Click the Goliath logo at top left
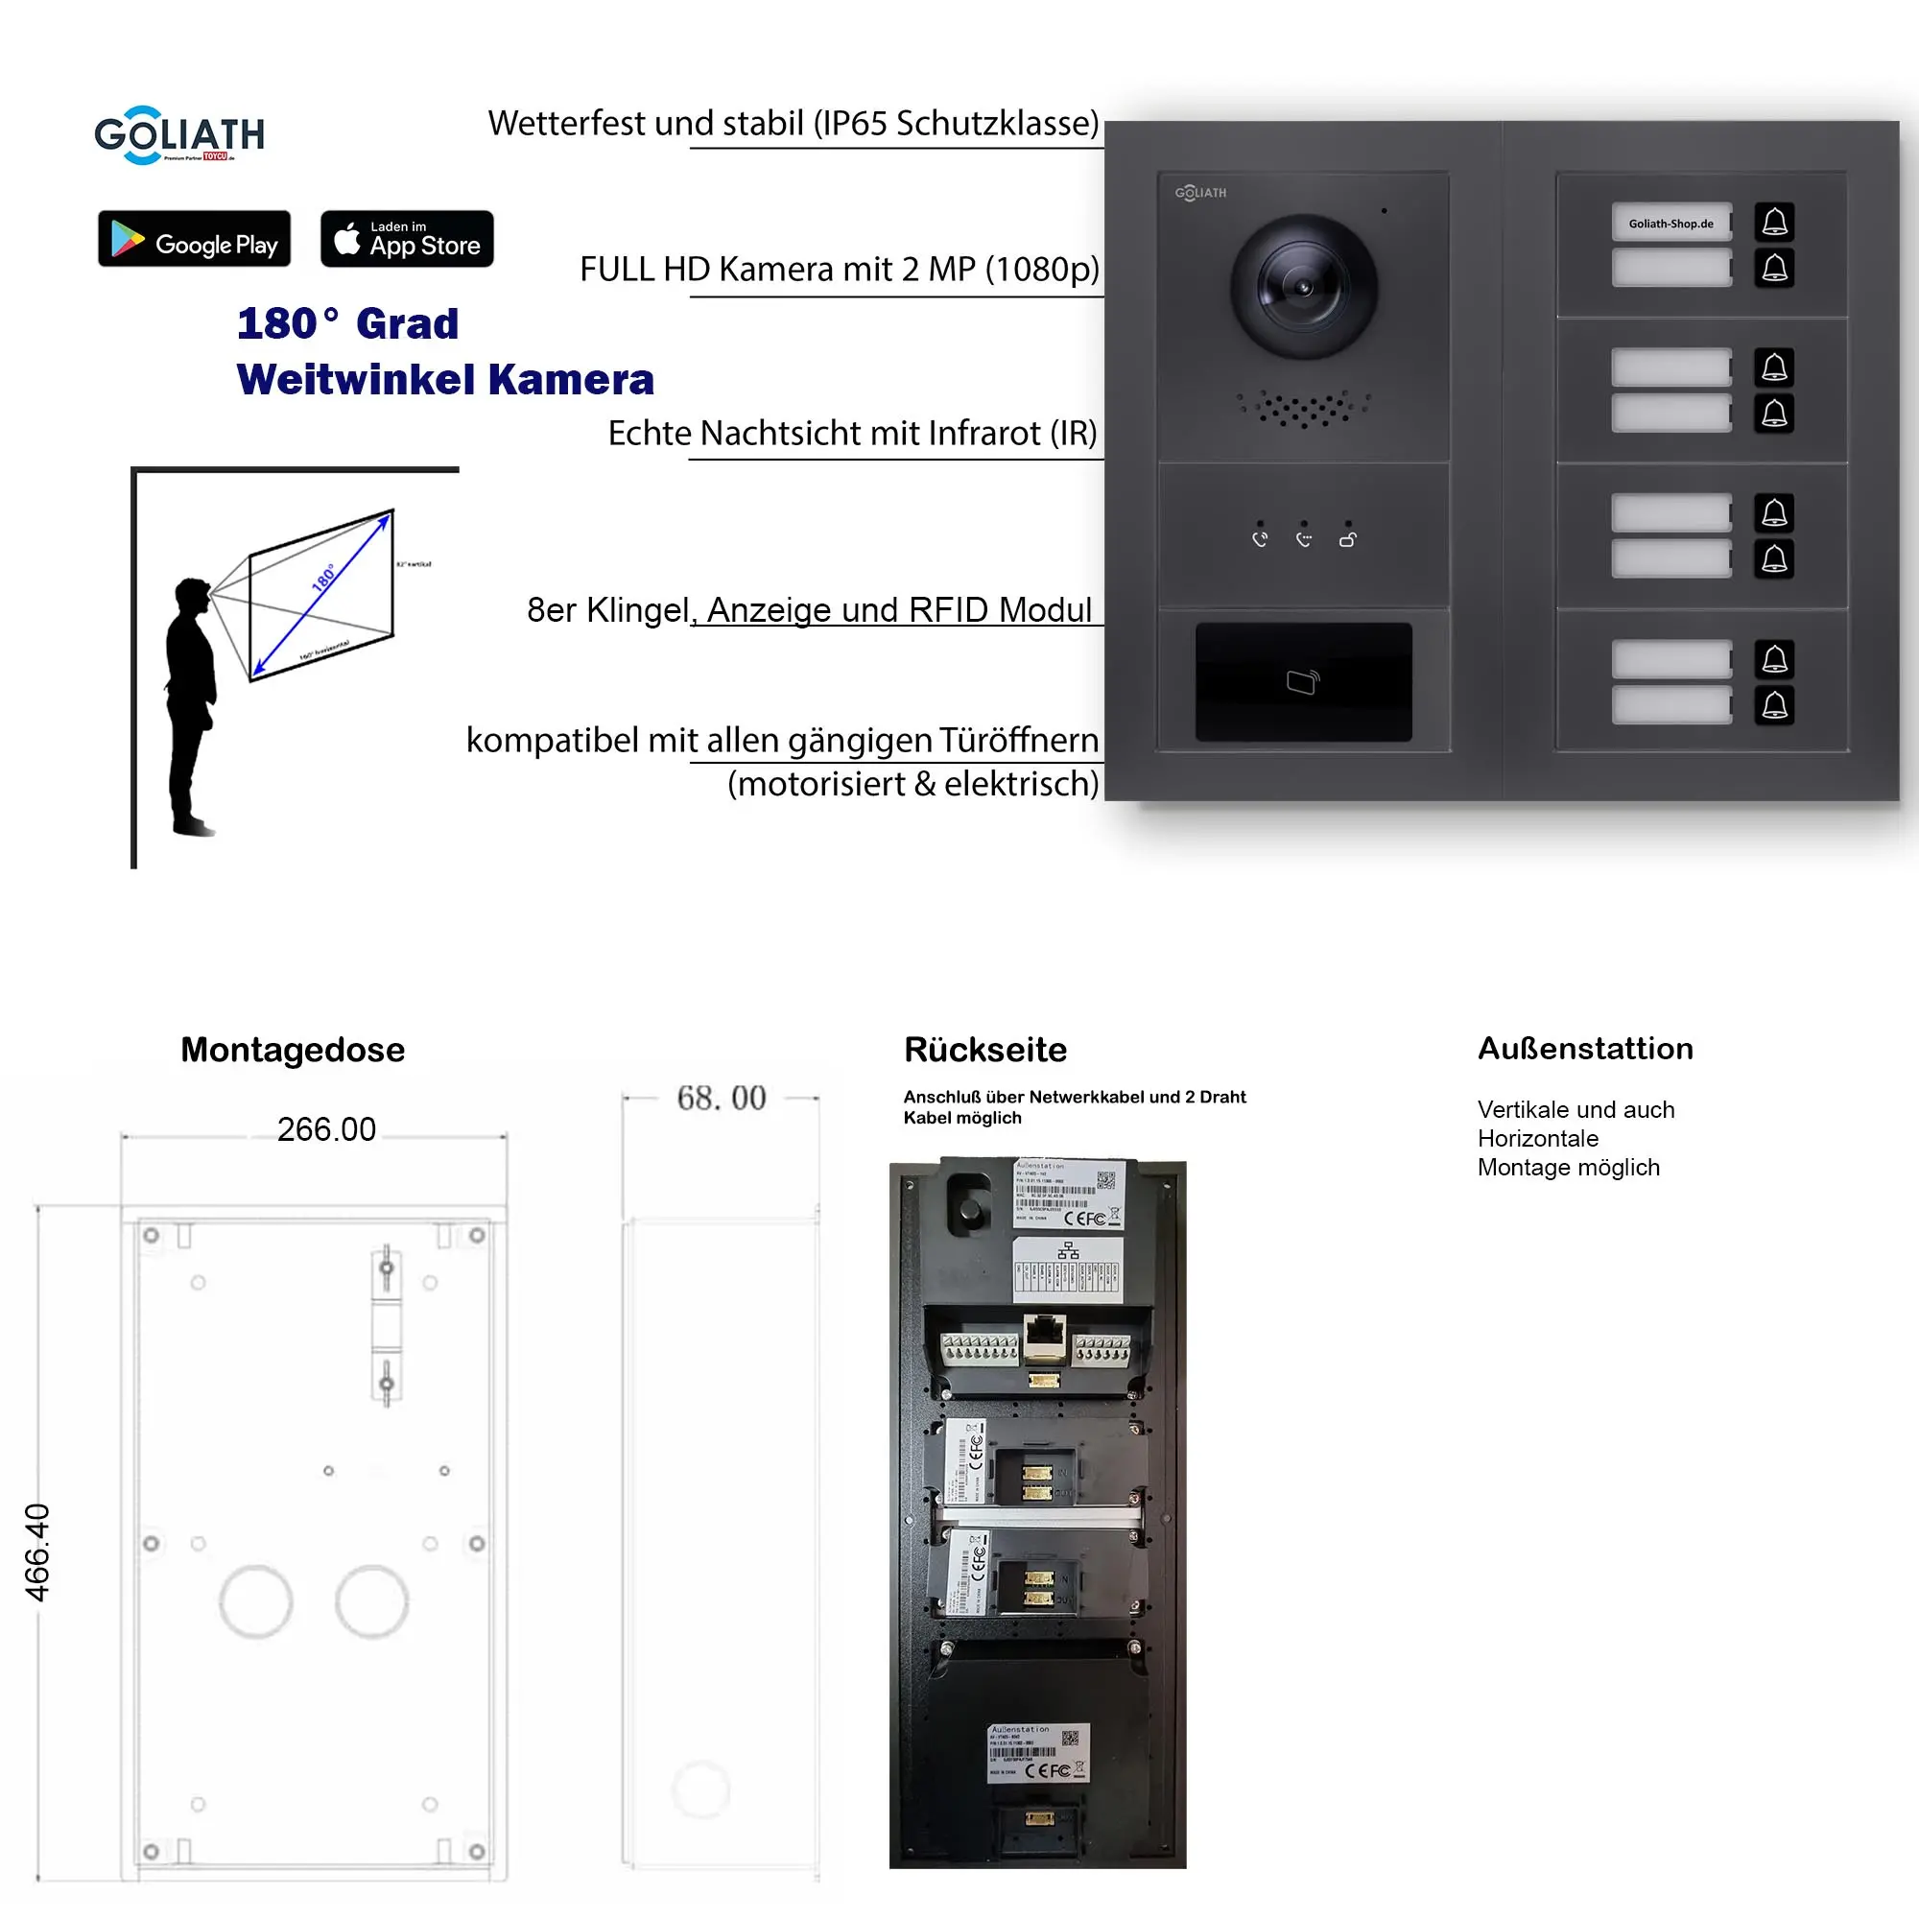point(178,135)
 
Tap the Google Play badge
point(194,239)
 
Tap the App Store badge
point(406,239)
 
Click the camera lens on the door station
point(1303,287)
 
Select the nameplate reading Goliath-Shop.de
point(1670,224)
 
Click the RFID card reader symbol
point(1302,682)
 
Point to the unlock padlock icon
point(1347,539)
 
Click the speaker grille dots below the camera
point(1303,407)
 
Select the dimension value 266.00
point(326,1129)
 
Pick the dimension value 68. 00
point(722,1098)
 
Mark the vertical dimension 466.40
point(36,1552)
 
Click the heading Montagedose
point(292,1050)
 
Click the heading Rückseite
point(984,1050)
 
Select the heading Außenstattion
point(1584,1049)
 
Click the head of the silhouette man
point(193,597)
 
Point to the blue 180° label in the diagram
point(323,578)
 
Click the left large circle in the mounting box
point(255,1601)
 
